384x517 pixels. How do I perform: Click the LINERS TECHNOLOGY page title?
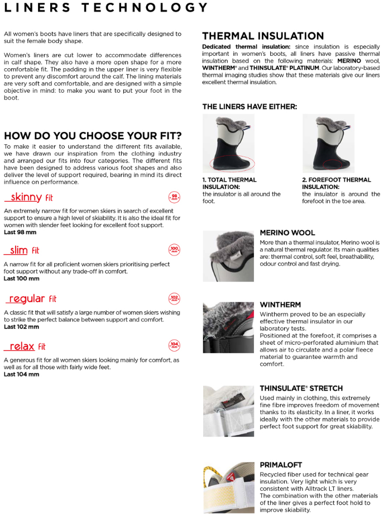[x=106, y=8]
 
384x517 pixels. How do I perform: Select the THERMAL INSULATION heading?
[x=263, y=36]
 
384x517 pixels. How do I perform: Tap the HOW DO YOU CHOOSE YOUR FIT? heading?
[x=93, y=136]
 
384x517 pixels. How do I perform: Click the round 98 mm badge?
[x=174, y=197]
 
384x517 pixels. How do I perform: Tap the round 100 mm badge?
[x=174, y=250]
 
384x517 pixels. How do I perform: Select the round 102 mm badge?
[x=174, y=298]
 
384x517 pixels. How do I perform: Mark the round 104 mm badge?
[x=174, y=346]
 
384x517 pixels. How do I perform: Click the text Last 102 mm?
[x=21, y=327]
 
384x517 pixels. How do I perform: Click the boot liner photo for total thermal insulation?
[x=228, y=143]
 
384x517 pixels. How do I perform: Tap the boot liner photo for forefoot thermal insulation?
[x=328, y=143]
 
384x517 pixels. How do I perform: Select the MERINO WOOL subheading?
[x=287, y=233]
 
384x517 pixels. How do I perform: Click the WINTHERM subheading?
[x=280, y=305]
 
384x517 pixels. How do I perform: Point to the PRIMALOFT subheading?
[x=281, y=464]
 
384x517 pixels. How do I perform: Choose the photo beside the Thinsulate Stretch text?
[x=228, y=411]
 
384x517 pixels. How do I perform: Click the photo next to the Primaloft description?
[x=228, y=487]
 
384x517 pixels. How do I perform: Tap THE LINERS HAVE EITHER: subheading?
[x=249, y=106]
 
